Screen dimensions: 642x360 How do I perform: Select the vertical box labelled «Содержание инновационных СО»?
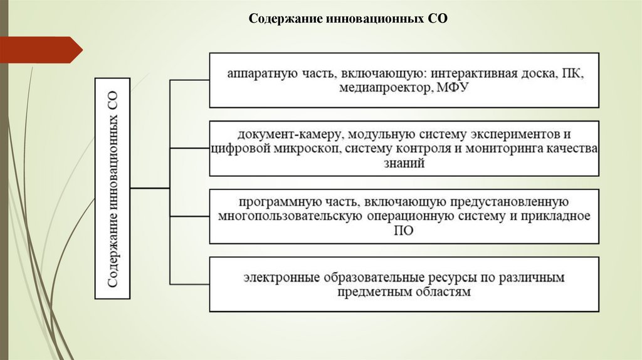112,188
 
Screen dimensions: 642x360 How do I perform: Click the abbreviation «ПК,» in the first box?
572,74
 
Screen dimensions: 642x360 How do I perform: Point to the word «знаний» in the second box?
405,164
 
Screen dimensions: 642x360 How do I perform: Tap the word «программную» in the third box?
273,203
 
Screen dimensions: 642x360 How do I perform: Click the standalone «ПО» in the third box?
404,231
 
